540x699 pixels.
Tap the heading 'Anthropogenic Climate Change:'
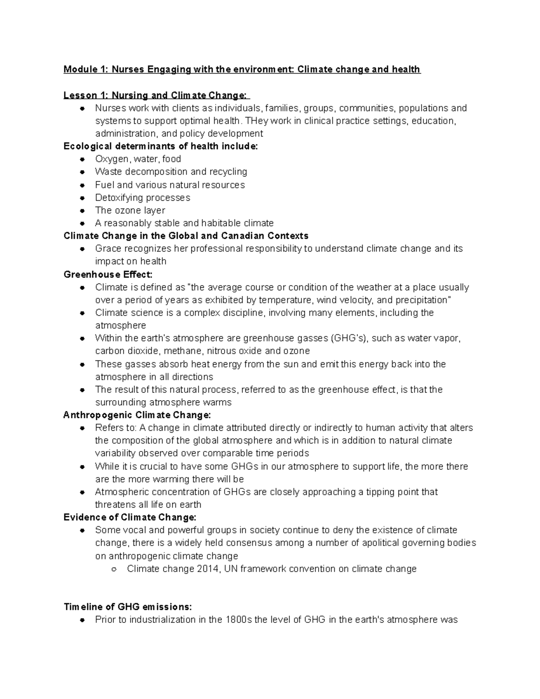137,415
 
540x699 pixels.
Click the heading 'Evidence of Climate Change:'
130,517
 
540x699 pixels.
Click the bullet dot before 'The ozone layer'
82,211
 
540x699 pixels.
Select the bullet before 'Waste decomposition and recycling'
82,172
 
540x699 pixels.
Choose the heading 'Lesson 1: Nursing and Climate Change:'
155,95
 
